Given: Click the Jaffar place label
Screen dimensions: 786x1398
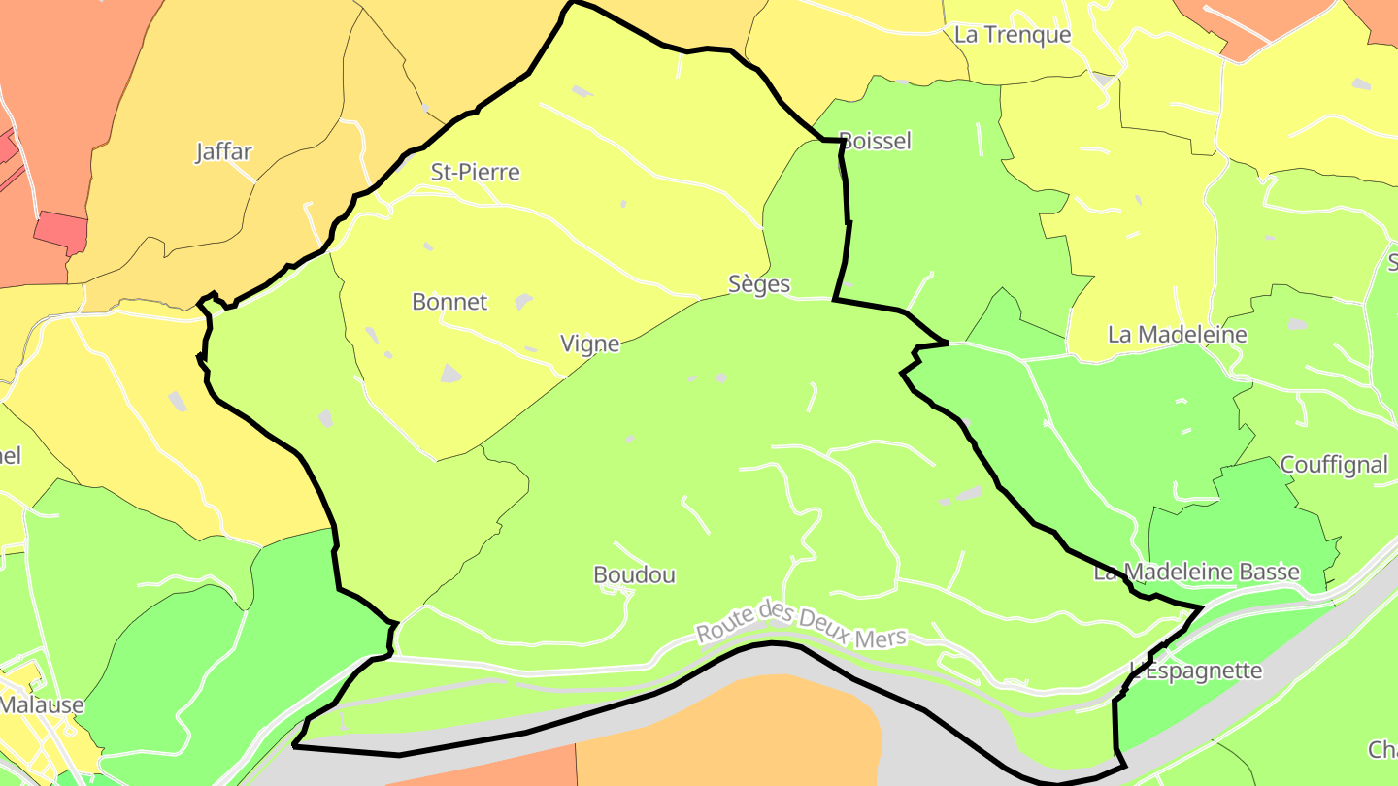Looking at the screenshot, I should pos(224,151).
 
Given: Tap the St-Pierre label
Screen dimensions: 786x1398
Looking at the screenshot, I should pos(476,173).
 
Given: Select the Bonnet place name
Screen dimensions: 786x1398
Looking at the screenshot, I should pos(449,302).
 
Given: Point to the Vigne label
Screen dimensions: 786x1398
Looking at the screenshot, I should pos(590,344).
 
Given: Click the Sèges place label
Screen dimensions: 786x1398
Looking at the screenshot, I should pos(759,284).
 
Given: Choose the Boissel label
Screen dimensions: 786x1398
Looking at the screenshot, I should pos(876,141).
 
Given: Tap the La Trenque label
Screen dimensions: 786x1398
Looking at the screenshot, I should pos(1013,35).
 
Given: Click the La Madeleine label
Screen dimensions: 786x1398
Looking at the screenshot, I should pos(1178,335).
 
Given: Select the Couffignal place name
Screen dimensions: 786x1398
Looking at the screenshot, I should pos(1335,465).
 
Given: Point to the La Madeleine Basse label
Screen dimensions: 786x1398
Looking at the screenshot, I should pos(1196,572).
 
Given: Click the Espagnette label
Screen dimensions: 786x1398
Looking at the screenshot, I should pos(1202,671).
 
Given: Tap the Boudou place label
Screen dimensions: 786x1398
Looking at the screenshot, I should pos(634,575).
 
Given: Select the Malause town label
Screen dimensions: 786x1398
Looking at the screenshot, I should pos(41,704).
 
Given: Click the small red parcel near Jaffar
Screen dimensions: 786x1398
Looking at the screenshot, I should pos(61,231).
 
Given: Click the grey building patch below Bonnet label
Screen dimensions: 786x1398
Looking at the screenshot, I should pos(450,373).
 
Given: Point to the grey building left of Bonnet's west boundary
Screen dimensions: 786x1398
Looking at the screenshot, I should pos(177,401).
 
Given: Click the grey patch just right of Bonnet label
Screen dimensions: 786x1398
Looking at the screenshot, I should pos(523,302).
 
